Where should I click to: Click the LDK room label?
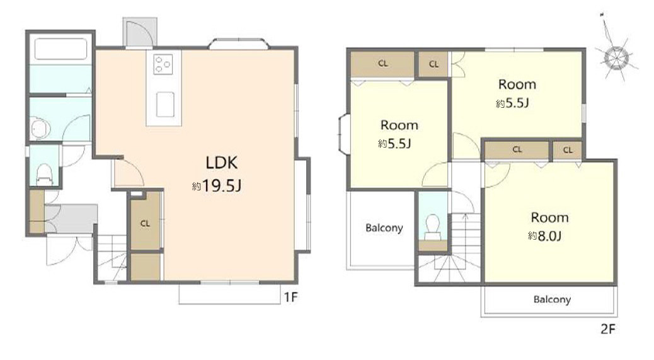tap(222, 162)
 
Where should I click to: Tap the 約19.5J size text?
tap(217, 185)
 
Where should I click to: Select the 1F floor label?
tap(290, 297)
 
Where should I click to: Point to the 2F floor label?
tap(608, 329)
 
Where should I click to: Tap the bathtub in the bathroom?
tap(60, 49)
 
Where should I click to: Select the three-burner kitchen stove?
tap(163, 65)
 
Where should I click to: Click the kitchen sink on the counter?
tap(165, 104)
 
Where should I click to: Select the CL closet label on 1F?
tap(145, 224)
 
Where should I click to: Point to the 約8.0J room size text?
tap(545, 236)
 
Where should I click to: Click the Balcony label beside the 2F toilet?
tap(384, 228)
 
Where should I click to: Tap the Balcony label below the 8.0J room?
tap(552, 299)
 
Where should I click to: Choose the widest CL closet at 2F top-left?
tap(382, 64)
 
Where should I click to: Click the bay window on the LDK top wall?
tap(239, 44)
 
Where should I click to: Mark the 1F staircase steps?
tap(112, 258)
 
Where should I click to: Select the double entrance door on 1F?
tap(69, 250)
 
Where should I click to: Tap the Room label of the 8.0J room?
tap(549, 218)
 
